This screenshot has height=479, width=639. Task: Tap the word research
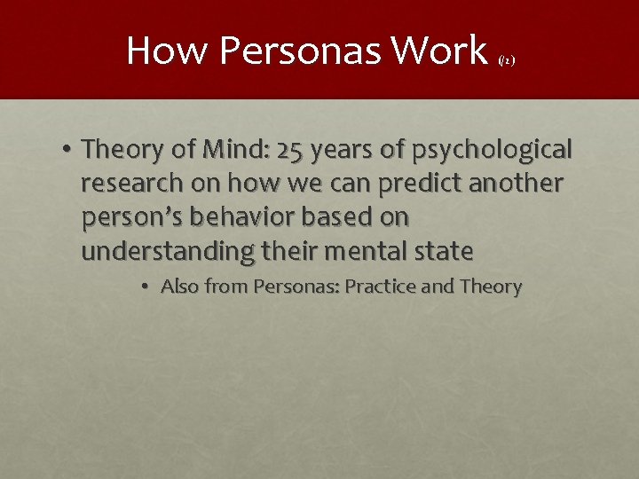tap(131, 185)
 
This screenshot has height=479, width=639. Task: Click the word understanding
tap(167, 252)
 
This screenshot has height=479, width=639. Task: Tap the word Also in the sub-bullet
tap(180, 287)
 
